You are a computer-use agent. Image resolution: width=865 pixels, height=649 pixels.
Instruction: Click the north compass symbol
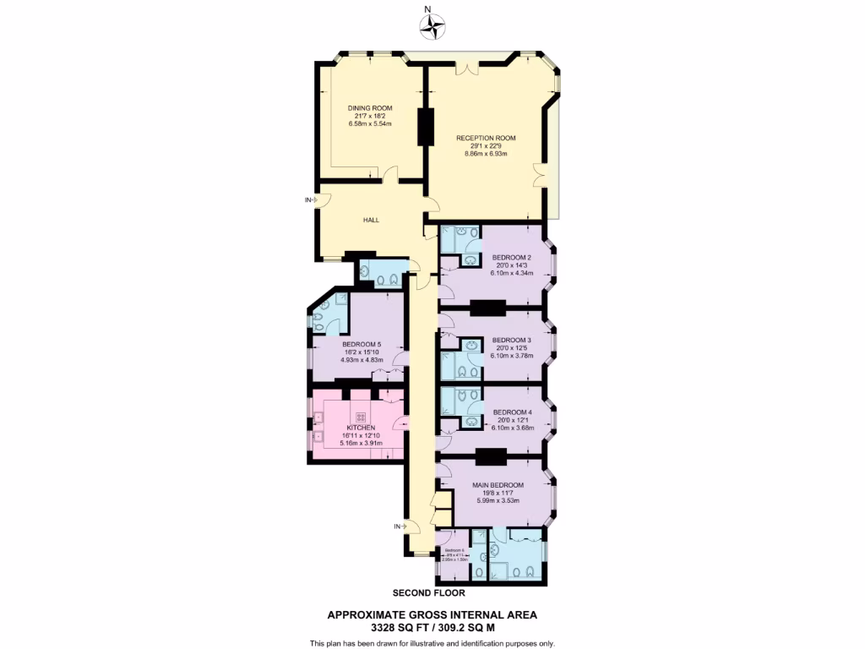[x=432, y=27]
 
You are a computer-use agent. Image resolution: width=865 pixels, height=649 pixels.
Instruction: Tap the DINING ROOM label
[x=370, y=108]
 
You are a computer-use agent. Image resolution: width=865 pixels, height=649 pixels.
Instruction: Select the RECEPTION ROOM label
[x=486, y=138]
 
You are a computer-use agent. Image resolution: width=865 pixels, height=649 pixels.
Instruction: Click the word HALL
[x=371, y=220]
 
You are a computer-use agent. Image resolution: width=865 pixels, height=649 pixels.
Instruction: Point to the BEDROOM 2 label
[x=511, y=258]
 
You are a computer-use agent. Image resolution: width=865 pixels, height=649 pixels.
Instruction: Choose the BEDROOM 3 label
[x=511, y=340]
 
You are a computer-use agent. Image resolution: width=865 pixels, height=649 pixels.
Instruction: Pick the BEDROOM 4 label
[x=511, y=412]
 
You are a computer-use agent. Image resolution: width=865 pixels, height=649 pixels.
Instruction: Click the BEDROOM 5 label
[x=362, y=344]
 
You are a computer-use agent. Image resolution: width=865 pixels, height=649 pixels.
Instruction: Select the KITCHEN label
[x=361, y=428]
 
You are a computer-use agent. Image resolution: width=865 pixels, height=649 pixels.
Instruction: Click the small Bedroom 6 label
[x=455, y=549]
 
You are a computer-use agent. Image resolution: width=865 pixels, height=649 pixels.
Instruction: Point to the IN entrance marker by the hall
[x=309, y=200]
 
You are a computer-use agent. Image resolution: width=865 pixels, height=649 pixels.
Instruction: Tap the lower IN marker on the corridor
[x=398, y=526]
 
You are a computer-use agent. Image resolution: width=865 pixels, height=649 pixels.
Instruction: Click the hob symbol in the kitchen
[x=361, y=416]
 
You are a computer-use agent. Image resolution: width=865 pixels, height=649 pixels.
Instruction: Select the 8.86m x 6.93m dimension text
[x=486, y=154]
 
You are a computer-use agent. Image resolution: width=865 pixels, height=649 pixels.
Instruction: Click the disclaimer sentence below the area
[x=432, y=643]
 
